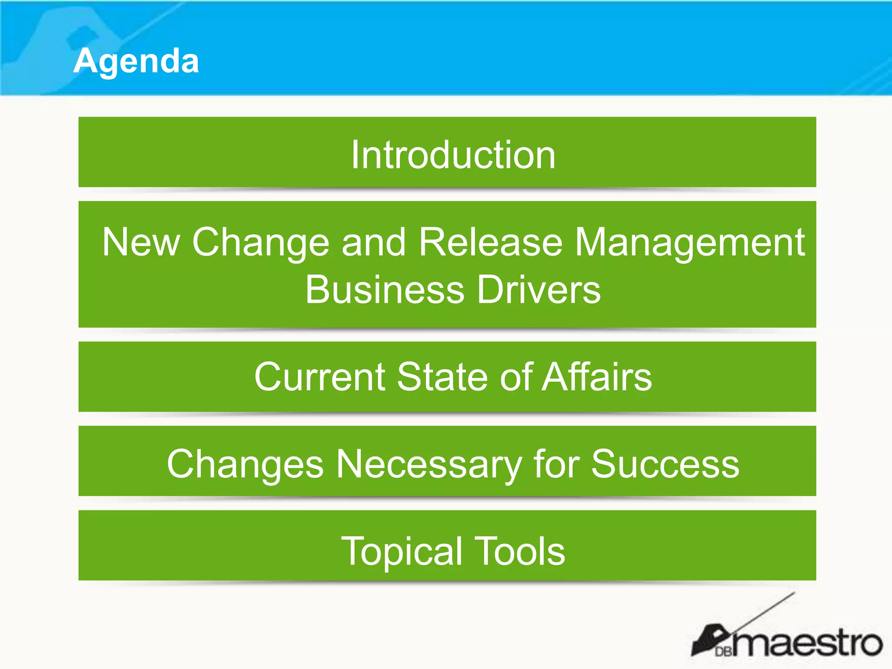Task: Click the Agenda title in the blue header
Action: coord(136,61)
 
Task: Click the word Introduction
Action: coord(453,155)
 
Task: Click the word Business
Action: coord(385,290)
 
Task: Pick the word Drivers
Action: coord(539,290)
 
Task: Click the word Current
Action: coord(320,377)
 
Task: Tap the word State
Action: coord(443,377)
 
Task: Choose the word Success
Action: coord(665,464)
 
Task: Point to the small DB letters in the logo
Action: coord(723,652)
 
